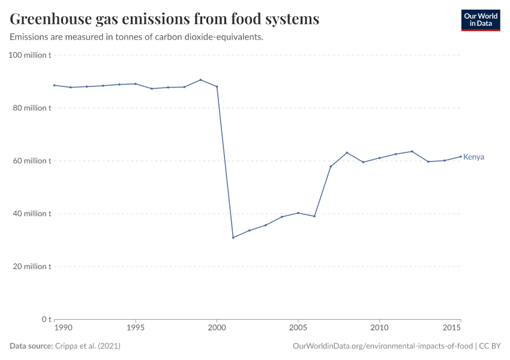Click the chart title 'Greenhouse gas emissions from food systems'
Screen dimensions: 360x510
(164, 19)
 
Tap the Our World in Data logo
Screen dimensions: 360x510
(480, 20)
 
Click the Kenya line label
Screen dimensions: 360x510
(473, 157)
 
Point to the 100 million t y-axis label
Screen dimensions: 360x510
(29, 55)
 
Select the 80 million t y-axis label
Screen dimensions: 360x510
(31, 108)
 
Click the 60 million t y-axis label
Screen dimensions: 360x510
(31, 161)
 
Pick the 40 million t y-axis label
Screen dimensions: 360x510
(31, 214)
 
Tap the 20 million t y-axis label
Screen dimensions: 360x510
(31, 266)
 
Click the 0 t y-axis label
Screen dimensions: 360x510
(46, 319)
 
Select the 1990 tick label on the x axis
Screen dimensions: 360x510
(62, 328)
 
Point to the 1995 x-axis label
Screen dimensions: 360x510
(136, 328)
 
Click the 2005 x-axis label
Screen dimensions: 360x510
(298, 328)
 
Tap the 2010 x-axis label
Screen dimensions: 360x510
(379, 328)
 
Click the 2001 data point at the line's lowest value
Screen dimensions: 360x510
(233, 238)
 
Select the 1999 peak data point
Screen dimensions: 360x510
(200, 80)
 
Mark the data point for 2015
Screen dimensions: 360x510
(460, 157)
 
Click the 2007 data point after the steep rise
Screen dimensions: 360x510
(331, 166)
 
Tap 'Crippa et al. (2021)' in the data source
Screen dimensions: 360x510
(91, 346)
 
